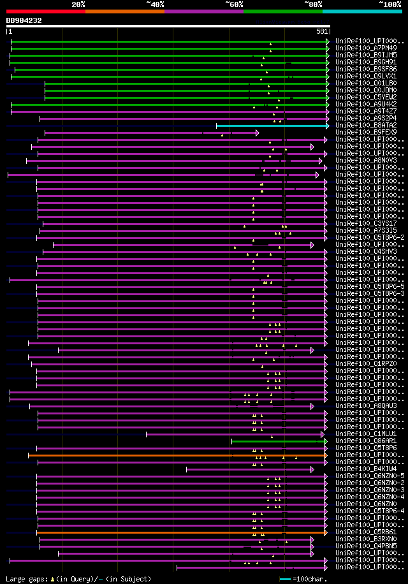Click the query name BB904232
(x=24, y=20)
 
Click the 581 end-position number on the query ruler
(x=322, y=31)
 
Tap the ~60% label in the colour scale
(x=234, y=4)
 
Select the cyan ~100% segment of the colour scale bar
(x=362, y=11)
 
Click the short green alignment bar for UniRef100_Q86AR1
(x=278, y=441)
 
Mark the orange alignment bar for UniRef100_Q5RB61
(x=159, y=532)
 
